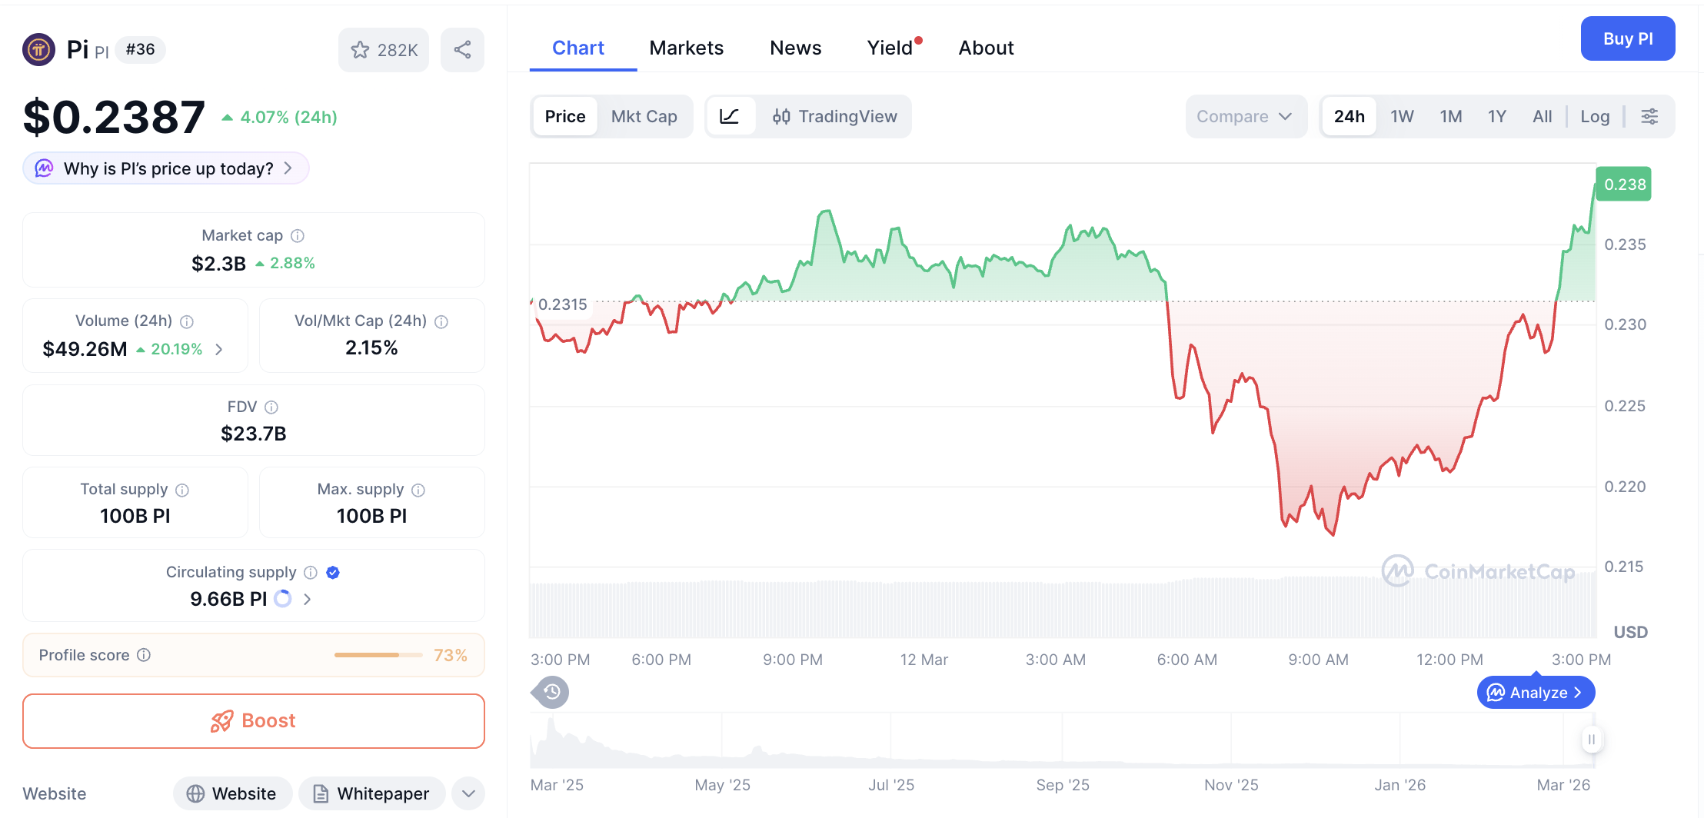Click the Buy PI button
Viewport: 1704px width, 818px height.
pos(1627,38)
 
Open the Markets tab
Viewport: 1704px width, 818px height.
pos(686,48)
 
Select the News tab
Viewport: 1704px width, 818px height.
pos(795,48)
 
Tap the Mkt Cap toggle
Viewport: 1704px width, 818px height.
pos(644,116)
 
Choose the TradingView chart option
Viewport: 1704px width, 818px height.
pos(834,116)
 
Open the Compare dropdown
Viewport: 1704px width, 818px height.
pos(1243,116)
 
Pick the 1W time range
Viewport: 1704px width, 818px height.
pos(1401,116)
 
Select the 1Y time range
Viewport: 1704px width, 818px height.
pos(1496,116)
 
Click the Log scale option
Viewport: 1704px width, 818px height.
pos(1594,116)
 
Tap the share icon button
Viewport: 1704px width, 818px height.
pos(462,50)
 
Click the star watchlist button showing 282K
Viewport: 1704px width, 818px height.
pos(384,50)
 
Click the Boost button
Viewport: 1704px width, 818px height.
pos(254,720)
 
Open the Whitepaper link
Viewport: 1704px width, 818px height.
pos(371,793)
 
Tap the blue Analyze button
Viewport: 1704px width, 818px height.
pos(1535,693)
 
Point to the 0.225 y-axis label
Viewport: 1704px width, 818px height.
pos(1624,406)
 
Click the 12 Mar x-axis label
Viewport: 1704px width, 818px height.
pos(924,660)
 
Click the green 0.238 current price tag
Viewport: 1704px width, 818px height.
pos(1623,185)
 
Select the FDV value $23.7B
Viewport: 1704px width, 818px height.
pos(253,434)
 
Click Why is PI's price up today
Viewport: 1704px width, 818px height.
pos(167,168)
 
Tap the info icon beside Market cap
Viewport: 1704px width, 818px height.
pos(298,236)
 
